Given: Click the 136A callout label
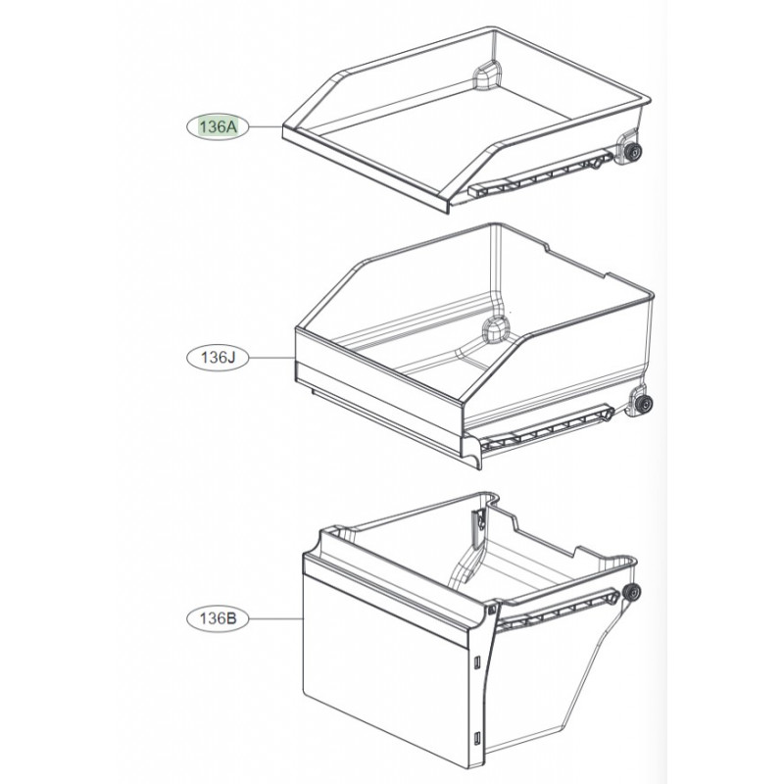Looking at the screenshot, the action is click(218, 127).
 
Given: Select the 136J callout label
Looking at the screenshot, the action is click(218, 358).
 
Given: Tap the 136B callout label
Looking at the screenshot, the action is click(218, 618).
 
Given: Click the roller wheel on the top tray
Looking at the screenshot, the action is click(634, 152).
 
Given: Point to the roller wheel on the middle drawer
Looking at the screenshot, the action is click(644, 403).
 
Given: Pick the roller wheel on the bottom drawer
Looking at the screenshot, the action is click(632, 592).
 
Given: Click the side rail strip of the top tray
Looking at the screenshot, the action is click(541, 173).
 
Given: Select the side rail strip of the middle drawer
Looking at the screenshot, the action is click(548, 429).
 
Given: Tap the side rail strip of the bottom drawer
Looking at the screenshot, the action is click(557, 611).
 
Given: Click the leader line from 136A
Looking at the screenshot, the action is click(266, 127).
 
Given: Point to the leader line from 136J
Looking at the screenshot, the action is click(272, 358).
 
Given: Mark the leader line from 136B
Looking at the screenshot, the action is click(276, 618).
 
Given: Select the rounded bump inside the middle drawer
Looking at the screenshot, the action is click(496, 329).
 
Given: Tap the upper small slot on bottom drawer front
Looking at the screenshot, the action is click(477, 661).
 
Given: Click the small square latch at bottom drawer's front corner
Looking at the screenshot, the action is click(492, 610).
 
